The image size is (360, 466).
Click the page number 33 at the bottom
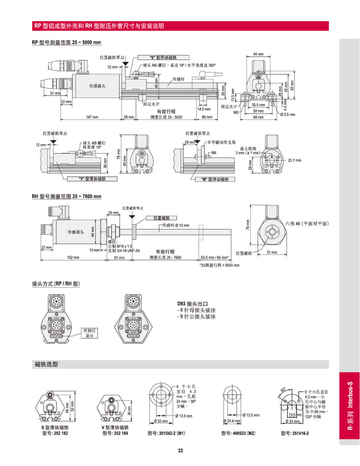pyautogui.click(x=180, y=451)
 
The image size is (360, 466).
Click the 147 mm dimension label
pyautogui.click(x=92, y=117)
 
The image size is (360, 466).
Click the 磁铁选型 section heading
pyautogui.click(x=47, y=364)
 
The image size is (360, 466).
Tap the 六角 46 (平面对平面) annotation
pyautogui.click(x=307, y=223)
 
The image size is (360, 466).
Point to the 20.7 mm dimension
pyautogui.click(x=294, y=160)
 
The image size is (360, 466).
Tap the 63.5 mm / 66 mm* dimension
pyautogui.click(x=215, y=257)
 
